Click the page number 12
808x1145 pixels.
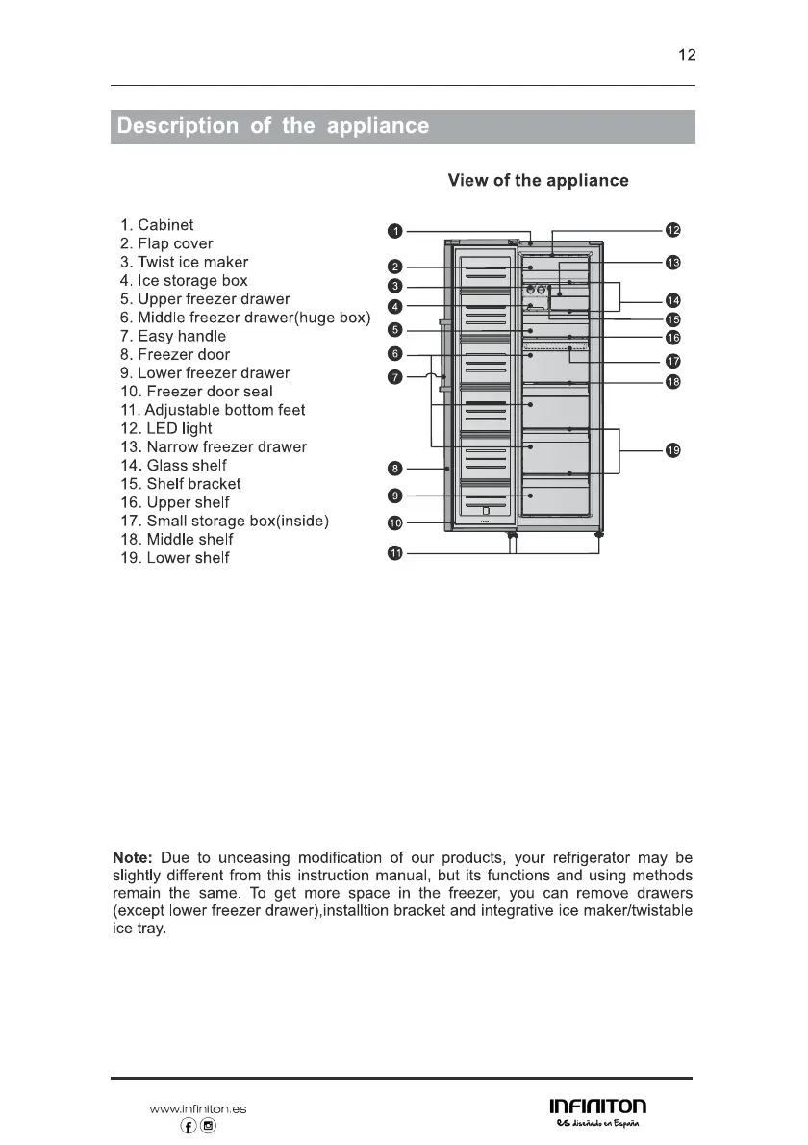pos(686,55)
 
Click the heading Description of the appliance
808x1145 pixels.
pos(271,127)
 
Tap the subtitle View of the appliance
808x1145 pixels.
pos(538,181)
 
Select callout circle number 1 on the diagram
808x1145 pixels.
pos(394,231)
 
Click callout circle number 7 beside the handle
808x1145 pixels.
pos(394,376)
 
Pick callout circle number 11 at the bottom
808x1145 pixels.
pos(394,554)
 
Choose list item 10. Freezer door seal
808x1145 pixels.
pos(196,392)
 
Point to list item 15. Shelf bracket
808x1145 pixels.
pos(180,484)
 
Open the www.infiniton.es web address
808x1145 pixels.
pos(198,1108)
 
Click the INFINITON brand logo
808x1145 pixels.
pos(597,1107)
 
